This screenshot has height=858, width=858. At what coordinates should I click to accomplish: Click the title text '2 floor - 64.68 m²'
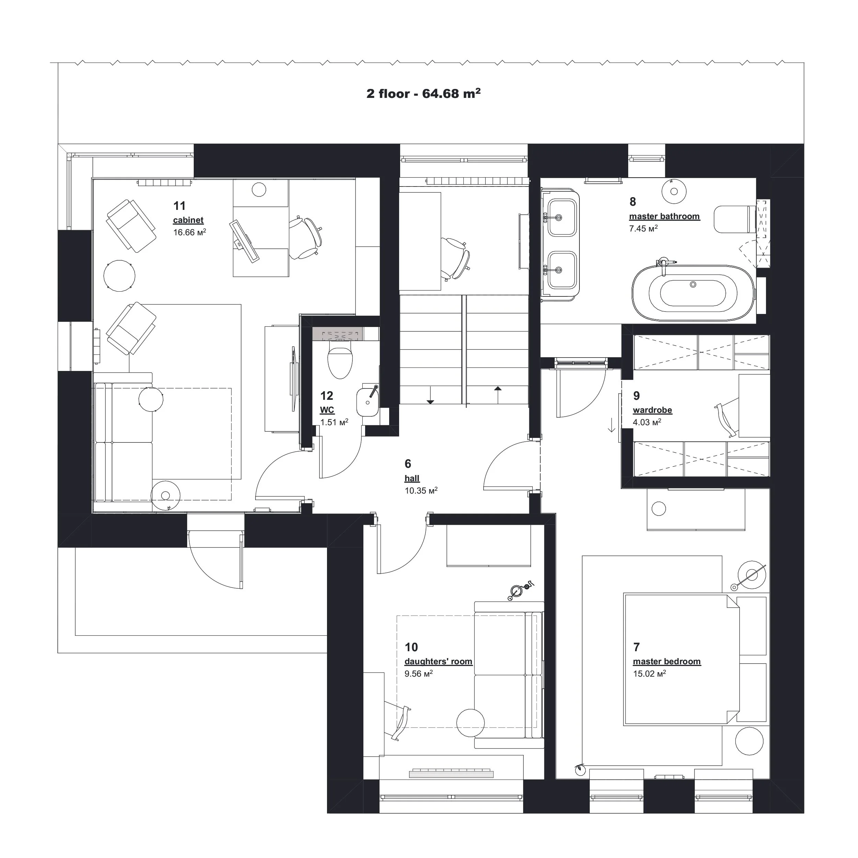pyautogui.click(x=423, y=94)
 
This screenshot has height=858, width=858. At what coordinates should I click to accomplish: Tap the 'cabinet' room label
pyautogui.click(x=188, y=220)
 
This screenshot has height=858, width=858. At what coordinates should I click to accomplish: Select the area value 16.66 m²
pyautogui.click(x=189, y=232)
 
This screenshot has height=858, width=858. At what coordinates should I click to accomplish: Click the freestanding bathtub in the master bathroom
pyautogui.click(x=693, y=293)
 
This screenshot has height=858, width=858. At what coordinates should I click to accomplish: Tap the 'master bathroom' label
pyautogui.click(x=664, y=216)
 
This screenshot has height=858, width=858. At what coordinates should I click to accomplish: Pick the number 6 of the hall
pyautogui.click(x=408, y=464)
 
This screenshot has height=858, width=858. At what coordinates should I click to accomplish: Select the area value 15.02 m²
pyautogui.click(x=649, y=674)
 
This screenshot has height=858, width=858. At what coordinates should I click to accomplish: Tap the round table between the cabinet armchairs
pyautogui.click(x=119, y=275)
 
